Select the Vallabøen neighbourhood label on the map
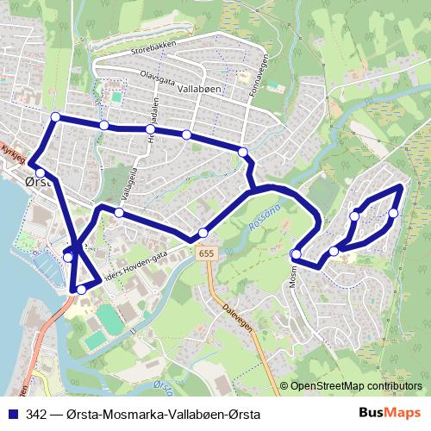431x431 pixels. [x=200, y=89]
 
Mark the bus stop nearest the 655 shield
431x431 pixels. [x=203, y=232]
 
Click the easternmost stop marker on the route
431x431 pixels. [x=393, y=213]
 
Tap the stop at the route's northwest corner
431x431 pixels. [x=55, y=117]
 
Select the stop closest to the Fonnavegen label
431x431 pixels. [x=243, y=153]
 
